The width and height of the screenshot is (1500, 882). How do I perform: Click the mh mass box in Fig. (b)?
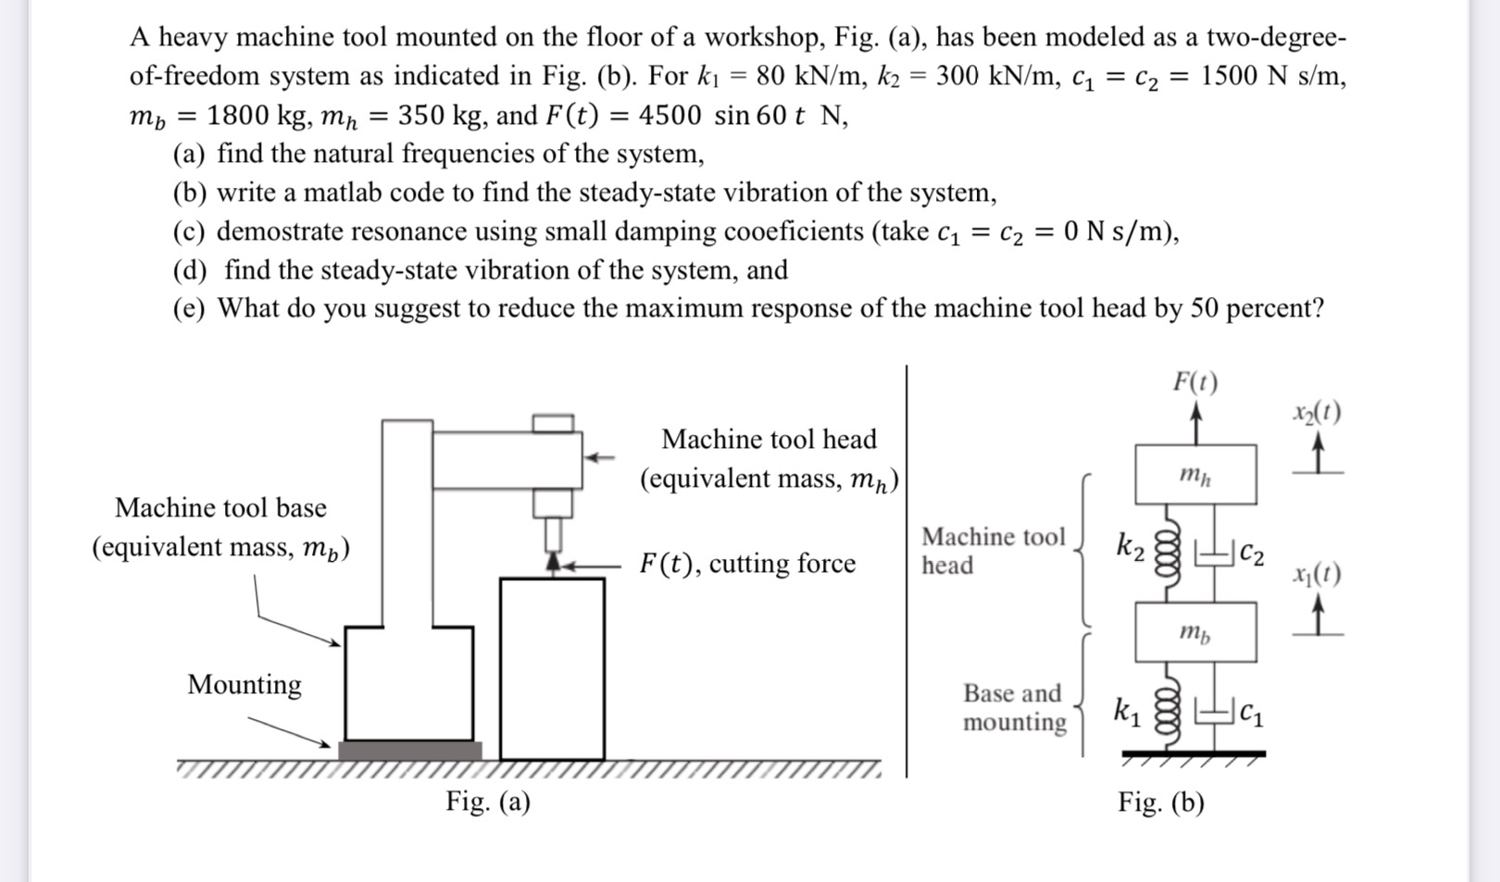pyautogui.click(x=1195, y=475)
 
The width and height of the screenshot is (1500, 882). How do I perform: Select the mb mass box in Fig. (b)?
pyautogui.click(x=1195, y=632)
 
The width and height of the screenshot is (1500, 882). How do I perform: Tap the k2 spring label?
pyautogui.click(x=1130, y=546)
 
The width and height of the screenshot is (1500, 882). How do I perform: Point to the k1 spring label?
pyautogui.click(x=1127, y=711)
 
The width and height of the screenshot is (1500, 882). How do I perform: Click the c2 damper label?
pyautogui.click(x=1251, y=553)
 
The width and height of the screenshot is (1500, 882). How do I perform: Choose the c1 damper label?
pyautogui.click(x=1251, y=712)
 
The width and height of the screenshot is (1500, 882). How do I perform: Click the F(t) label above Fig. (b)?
pyautogui.click(x=1195, y=381)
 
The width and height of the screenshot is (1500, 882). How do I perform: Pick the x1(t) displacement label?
pyautogui.click(x=1317, y=574)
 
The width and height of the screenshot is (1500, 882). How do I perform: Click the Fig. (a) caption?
pyautogui.click(x=488, y=801)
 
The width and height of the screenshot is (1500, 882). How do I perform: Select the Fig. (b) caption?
pyautogui.click(x=1161, y=801)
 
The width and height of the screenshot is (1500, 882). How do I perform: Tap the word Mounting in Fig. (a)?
pyautogui.click(x=244, y=684)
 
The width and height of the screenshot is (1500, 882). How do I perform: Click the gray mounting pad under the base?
pyautogui.click(x=409, y=751)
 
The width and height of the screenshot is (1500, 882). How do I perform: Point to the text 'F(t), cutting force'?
pyautogui.click(x=747, y=563)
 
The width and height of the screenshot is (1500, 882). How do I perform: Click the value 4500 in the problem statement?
pyautogui.click(x=669, y=116)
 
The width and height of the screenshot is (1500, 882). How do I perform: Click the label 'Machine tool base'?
pyautogui.click(x=220, y=507)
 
